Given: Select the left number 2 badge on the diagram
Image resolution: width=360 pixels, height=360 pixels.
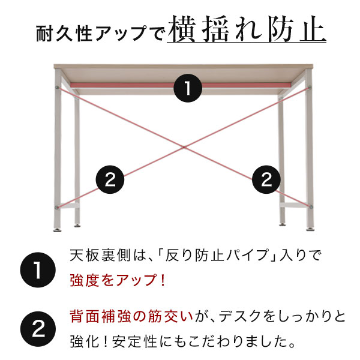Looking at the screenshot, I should [110, 179].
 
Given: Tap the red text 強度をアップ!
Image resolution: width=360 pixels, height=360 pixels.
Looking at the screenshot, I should [117, 280].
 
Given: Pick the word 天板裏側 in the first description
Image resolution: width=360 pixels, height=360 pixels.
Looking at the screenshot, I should [95, 257].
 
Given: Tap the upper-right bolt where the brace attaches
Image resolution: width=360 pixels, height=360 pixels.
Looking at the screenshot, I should [311, 88].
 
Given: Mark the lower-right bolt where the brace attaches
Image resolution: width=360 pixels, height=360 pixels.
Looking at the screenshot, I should [311, 207].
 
